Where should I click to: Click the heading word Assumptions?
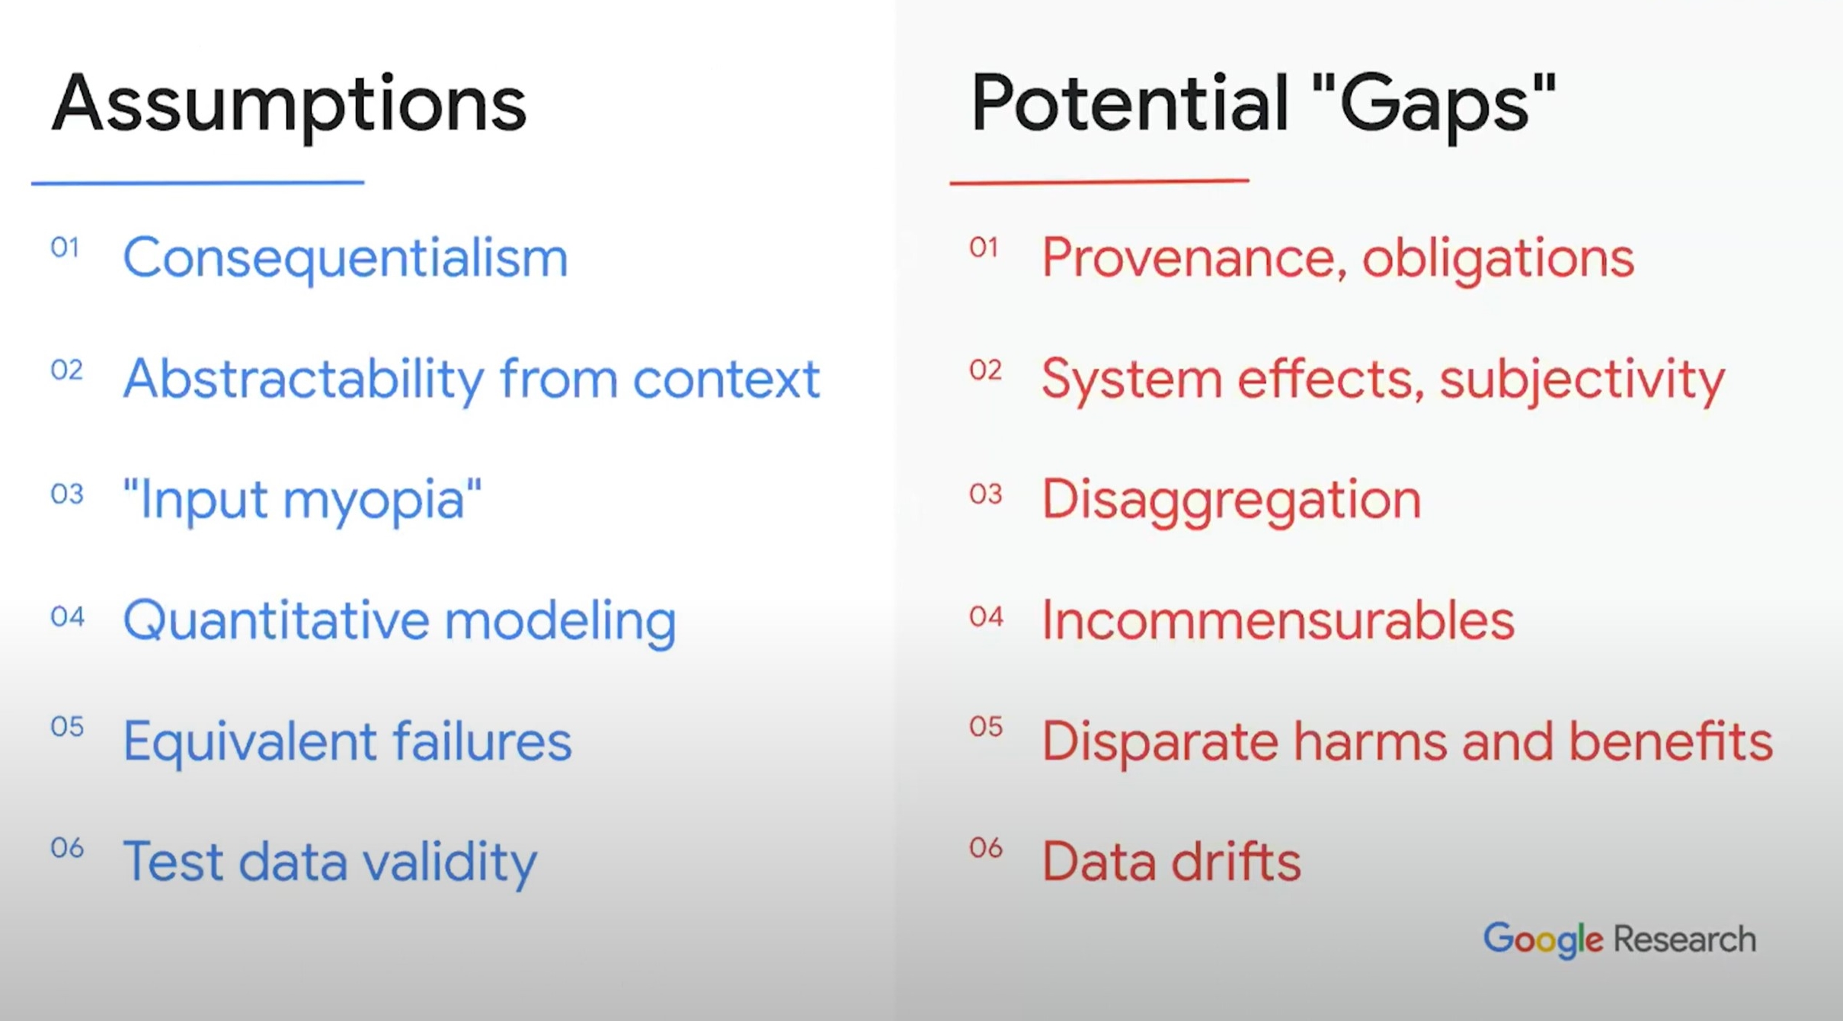289,105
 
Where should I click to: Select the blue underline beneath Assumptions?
198,182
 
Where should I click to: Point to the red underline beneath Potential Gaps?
1099,181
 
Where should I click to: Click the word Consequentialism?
346,258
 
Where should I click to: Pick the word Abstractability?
303,379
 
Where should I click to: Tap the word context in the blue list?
726,379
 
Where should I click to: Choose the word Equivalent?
250,742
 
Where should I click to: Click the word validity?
449,863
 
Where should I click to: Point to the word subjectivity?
1582,379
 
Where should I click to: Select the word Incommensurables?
1278,620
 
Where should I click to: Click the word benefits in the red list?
1671,741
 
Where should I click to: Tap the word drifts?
1235,861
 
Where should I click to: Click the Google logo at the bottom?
1543,940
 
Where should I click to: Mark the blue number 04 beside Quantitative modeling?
67,616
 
